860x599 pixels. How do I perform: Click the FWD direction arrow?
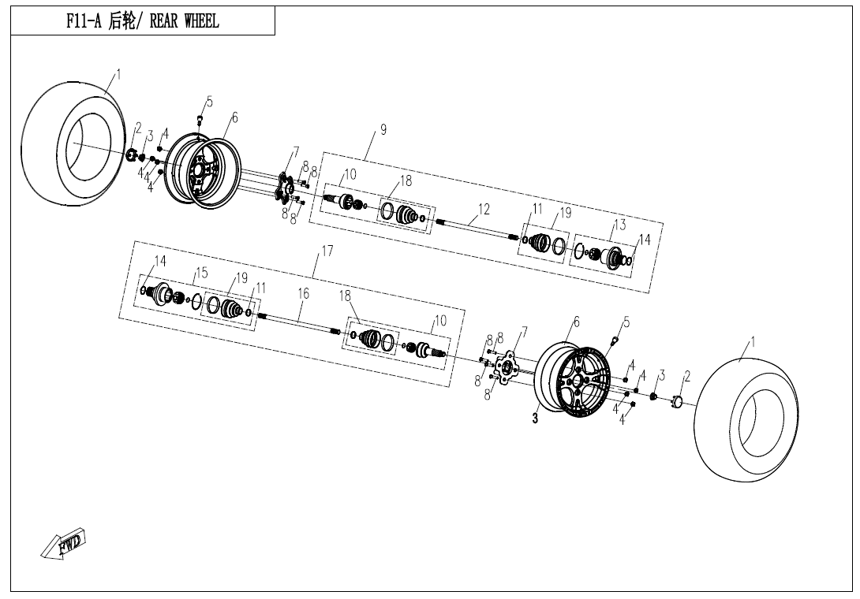click(63, 544)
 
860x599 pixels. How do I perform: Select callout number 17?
click(327, 251)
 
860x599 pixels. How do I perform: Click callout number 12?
click(484, 210)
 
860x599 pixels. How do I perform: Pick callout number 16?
click(303, 293)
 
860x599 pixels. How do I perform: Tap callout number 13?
click(620, 225)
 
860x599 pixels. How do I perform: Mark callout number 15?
click(201, 273)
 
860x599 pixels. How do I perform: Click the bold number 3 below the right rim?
click(535, 419)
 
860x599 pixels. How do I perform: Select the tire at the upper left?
click(75, 147)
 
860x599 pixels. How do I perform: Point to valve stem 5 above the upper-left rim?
click(200, 119)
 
